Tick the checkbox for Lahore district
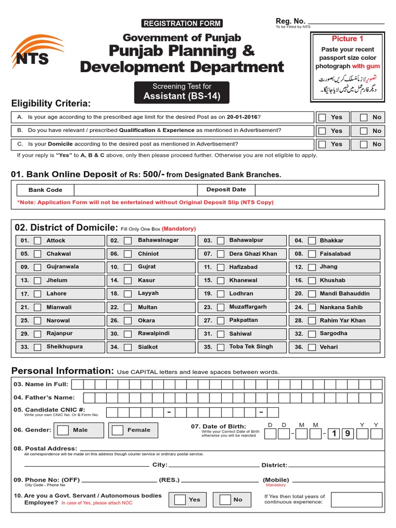pyautogui.click(x=38, y=294)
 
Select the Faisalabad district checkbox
pyautogui.click(x=312, y=254)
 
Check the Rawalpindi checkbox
pyautogui.click(x=129, y=334)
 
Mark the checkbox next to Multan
pyautogui.click(x=129, y=307)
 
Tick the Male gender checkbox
pyautogui.click(x=63, y=430)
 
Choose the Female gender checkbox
pyautogui.click(x=118, y=430)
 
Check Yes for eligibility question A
pyautogui.click(x=322, y=118)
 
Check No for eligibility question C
pyautogui.click(x=364, y=144)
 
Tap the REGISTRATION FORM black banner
pyautogui.click(x=181, y=23)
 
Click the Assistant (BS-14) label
pyautogui.click(x=181, y=96)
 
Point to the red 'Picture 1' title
pyautogui.click(x=347, y=39)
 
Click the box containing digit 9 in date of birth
pyautogui.click(x=347, y=434)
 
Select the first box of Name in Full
pyautogui.click(x=77, y=384)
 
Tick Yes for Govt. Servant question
pyautogui.click(x=180, y=500)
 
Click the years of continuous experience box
pyautogui.click(x=356, y=500)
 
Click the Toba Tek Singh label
pyautogui.click(x=251, y=347)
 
